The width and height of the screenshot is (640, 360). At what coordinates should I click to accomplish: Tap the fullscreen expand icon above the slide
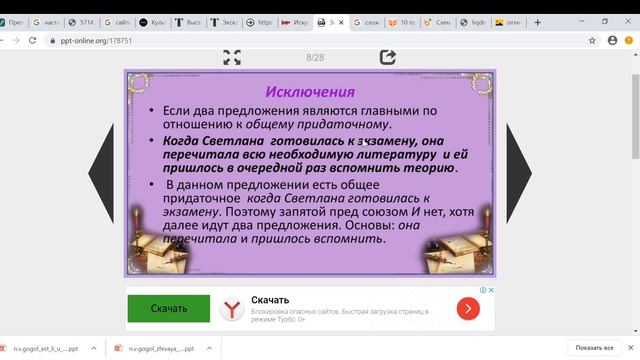[x=231, y=57]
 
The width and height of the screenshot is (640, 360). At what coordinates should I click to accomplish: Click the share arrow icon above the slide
[x=387, y=57]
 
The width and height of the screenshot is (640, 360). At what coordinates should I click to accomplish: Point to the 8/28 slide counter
[x=315, y=58]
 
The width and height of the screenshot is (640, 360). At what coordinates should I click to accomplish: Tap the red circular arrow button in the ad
[x=466, y=310]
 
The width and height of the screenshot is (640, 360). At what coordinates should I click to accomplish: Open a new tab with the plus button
[x=538, y=21]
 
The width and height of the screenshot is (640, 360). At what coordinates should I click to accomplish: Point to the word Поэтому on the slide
[x=249, y=212]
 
